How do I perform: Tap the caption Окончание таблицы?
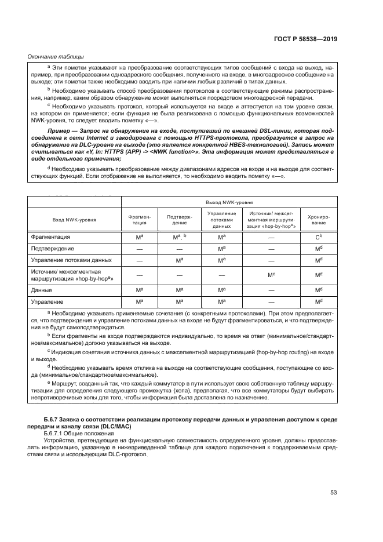(x=56, y=56)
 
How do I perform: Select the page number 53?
(x=333, y=493)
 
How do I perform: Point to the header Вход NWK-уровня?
(x=74, y=221)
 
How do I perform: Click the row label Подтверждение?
(x=53, y=248)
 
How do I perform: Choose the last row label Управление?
(x=48, y=301)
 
